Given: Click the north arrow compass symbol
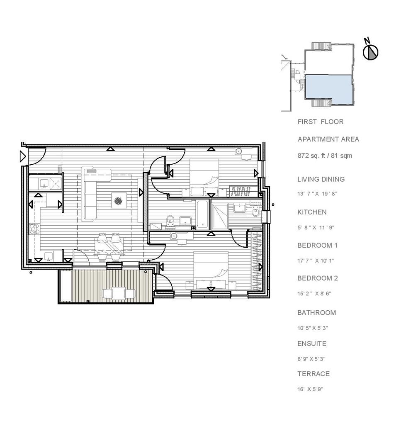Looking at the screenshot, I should [371, 52].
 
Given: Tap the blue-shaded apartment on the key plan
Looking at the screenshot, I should [328, 87].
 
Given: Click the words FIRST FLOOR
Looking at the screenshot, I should [320, 122].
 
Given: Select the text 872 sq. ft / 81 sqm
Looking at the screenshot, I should [325, 156].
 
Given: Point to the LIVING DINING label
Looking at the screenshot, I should [321, 179].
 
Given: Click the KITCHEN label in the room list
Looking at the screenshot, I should [312, 212].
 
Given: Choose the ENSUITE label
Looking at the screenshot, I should [312, 343].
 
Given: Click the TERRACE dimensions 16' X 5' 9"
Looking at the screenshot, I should [310, 389].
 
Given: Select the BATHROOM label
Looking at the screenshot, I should [316, 312].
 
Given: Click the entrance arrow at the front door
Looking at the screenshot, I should [22, 156].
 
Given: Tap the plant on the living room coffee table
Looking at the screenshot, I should [118, 202].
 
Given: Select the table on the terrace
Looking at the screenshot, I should [119, 293].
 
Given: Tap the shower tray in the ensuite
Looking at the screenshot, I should [220, 216].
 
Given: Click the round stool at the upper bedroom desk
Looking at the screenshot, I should [239, 151].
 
